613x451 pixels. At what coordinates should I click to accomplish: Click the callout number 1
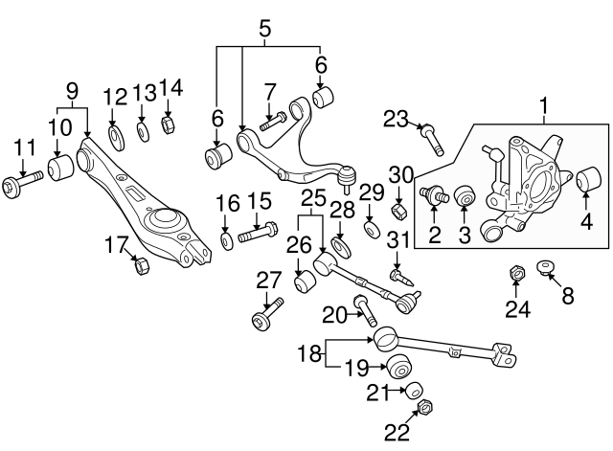pyautogui.click(x=546, y=102)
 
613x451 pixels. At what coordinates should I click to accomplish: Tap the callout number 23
pyautogui.click(x=396, y=119)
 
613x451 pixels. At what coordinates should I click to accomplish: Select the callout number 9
pyautogui.click(x=71, y=91)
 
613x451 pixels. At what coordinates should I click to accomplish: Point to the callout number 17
pyautogui.click(x=116, y=245)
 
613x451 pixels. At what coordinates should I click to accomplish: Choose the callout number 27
pyautogui.click(x=269, y=280)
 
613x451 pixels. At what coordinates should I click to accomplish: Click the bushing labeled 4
pyautogui.click(x=590, y=179)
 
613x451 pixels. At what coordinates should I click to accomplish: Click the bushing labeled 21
pyautogui.click(x=414, y=391)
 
